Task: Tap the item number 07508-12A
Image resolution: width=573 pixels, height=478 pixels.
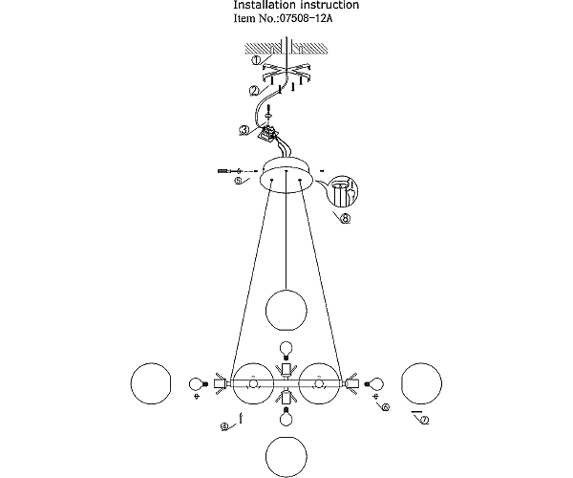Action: tap(306, 18)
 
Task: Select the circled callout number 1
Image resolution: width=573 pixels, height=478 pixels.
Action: tap(257, 60)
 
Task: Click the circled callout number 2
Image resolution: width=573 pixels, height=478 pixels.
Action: tap(255, 91)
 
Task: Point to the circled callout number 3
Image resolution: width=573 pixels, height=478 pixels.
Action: tap(244, 130)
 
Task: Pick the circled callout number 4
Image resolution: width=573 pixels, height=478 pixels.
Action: tap(225, 426)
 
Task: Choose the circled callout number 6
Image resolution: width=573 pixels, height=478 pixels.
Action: tap(385, 406)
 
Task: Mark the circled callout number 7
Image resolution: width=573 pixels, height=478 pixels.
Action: tap(424, 421)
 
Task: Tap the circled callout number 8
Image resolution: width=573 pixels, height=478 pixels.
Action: tap(345, 219)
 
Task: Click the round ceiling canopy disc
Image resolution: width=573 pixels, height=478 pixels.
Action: tap(286, 175)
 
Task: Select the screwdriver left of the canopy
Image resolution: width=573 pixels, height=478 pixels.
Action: tap(230, 171)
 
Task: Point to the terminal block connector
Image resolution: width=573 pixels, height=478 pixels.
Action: tap(267, 134)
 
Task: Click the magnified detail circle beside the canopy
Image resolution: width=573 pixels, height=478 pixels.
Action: tap(344, 190)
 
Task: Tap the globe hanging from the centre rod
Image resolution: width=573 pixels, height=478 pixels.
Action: tap(286, 310)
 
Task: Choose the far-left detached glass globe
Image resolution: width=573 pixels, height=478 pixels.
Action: tap(151, 383)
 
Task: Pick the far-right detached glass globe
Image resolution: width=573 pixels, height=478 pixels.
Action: tap(422, 383)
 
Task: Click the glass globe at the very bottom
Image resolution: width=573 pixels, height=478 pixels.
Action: tap(286, 457)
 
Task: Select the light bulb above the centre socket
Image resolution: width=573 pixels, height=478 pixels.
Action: tap(286, 350)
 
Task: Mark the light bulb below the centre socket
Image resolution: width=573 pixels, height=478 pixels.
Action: tap(286, 417)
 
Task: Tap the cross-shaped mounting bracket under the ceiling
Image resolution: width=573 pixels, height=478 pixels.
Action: tap(286, 73)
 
